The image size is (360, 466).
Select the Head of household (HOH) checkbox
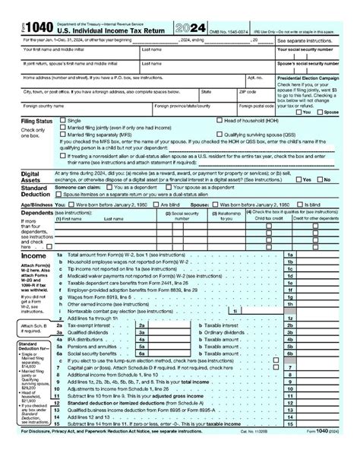coord(220,120)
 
